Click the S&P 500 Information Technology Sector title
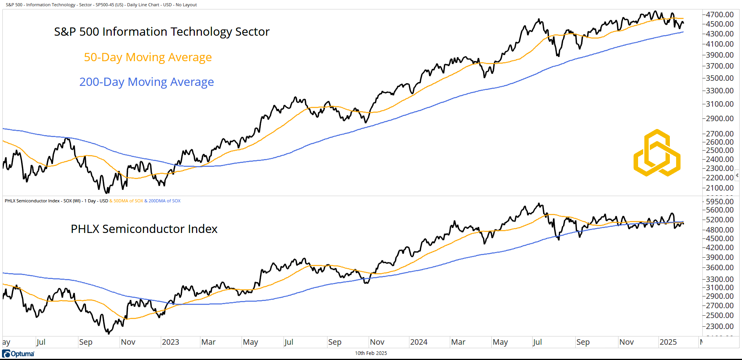pyautogui.click(x=162, y=32)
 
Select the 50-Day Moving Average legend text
pyautogui.click(x=148, y=57)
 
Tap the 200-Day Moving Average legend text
pyautogui.click(x=147, y=82)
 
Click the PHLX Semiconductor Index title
pyautogui.click(x=144, y=229)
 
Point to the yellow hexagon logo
pyautogui.click(x=657, y=153)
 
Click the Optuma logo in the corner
pyautogui.click(x=18, y=354)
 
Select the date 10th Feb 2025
pyautogui.click(x=371, y=353)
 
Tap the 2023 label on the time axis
pyautogui.click(x=171, y=342)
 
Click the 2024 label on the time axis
pyautogui.click(x=419, y=342)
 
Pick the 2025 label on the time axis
pyautogui.click(x=668, y=342)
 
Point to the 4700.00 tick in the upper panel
pyautogui.click(x=720, y=15)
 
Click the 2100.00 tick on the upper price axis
pyautogui.click(x=720, y=188)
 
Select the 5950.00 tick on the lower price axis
pyautogui.click(x=720, y=202)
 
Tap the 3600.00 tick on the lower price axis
pyautogui.click(x=720, y=267)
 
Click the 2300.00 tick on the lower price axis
pyautogui.click(x=720, y=326)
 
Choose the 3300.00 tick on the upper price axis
pyautogui.click(x=720, y=91)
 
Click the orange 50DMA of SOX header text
pyautogui.click(x=128, y=201)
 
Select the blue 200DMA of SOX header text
pyautogui.click(x=164, y=201)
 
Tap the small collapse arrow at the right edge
pyautogui.click(x=737, y=175)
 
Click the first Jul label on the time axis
pyautogui.click(x=41, y=342)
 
